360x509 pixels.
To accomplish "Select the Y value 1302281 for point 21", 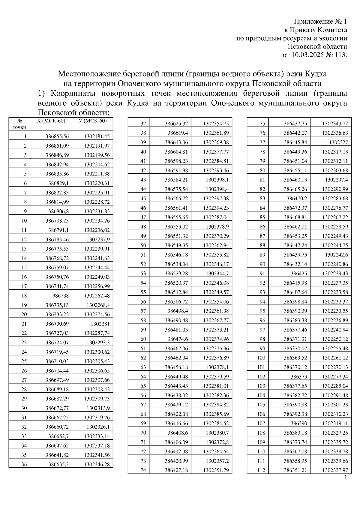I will coord(100,324).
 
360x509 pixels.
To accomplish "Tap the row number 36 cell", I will coord(24,464).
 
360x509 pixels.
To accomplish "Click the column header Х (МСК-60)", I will coord(51,121).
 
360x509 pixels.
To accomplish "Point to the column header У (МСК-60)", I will coord(92,121).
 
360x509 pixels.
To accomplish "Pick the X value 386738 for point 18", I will coord(61,295).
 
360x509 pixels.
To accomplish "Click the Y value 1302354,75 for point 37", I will coord(216,124).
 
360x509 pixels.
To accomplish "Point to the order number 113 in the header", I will coord(341,55).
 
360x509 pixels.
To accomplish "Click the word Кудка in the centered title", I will coord(316,74).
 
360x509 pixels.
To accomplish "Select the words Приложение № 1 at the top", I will coord(320,22).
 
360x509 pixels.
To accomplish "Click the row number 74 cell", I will coord(143,470).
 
